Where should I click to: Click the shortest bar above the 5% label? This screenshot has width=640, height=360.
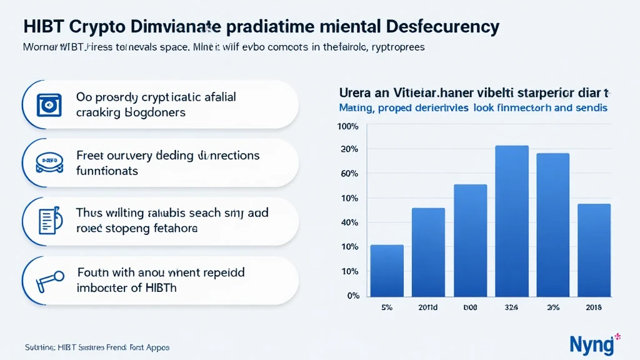[x=387, y=270]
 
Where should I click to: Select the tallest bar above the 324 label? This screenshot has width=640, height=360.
[x=512, y=220]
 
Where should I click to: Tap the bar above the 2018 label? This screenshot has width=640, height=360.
[x=594, y=249]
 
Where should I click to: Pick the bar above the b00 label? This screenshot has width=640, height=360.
[x=470, y=239]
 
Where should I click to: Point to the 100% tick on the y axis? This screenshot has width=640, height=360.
[x=347, y=127]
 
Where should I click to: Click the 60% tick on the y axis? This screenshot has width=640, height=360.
[x=349, y=173]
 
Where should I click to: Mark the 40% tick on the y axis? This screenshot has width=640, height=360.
[x=349, y=222]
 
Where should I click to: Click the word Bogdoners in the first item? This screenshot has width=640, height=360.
[x=156, y=112]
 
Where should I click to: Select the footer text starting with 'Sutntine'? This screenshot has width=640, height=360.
[x=96, y=347]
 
